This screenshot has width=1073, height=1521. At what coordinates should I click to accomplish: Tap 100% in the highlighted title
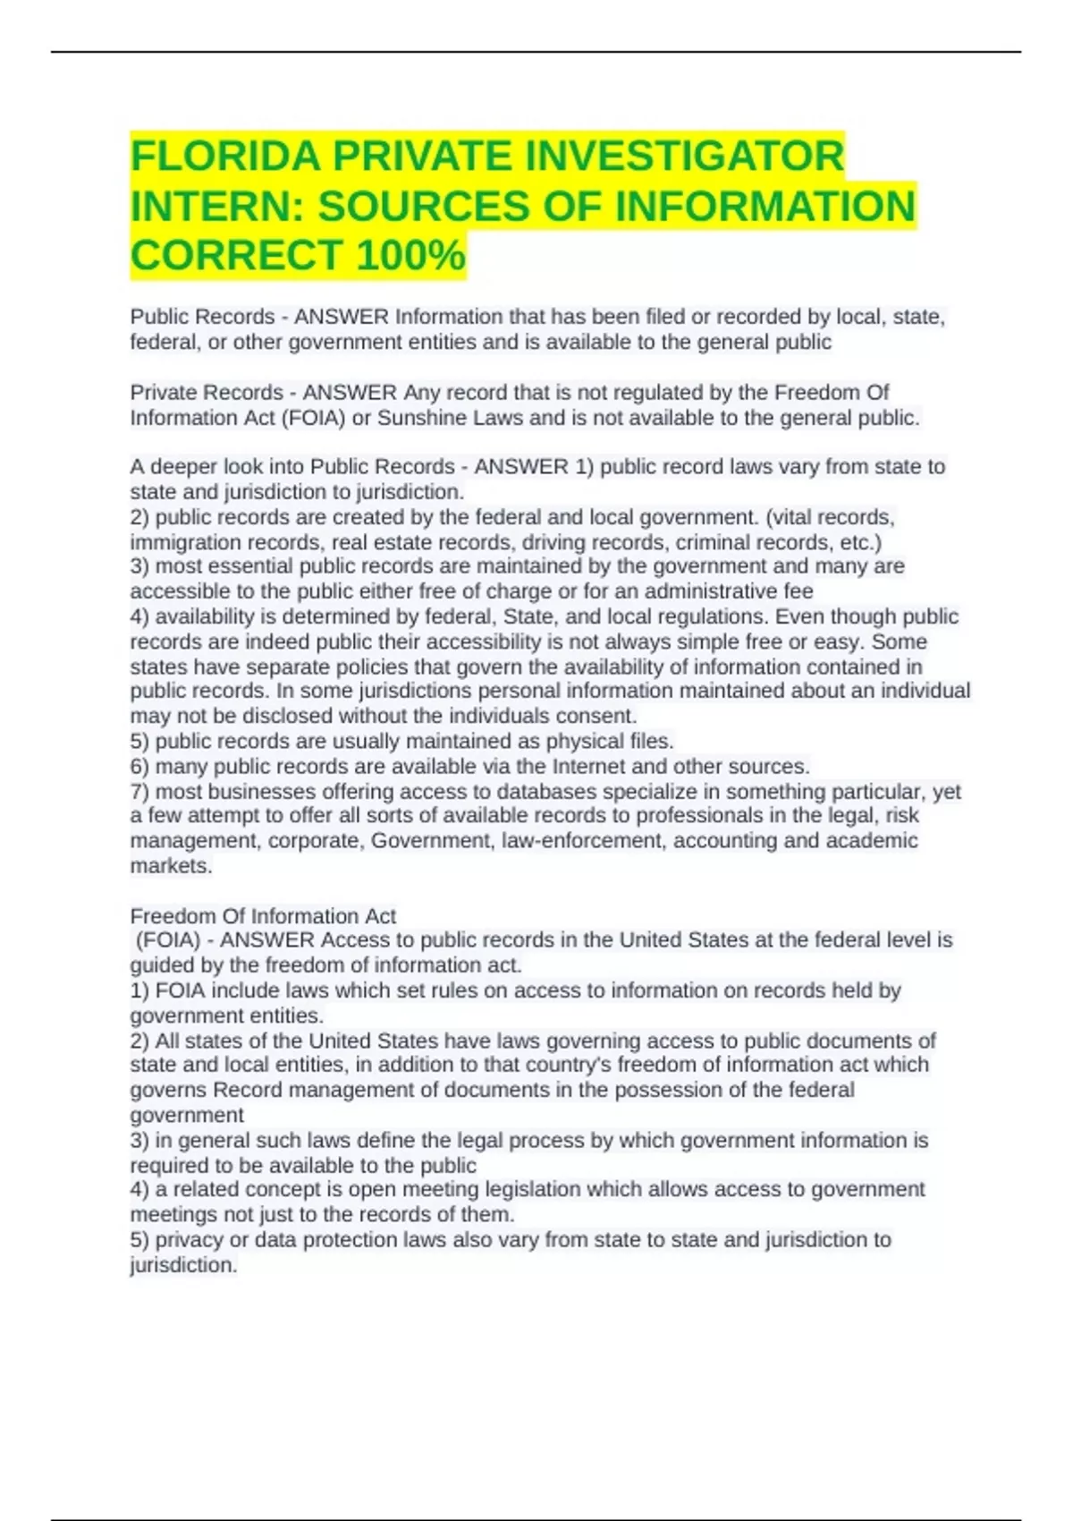tap(410, 255)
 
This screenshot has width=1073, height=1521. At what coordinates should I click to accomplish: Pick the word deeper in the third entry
tap(184, 467)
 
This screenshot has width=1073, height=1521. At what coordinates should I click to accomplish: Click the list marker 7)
tap(140, 792)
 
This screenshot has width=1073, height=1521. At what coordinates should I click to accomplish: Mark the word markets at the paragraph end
tap(170, 866)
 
